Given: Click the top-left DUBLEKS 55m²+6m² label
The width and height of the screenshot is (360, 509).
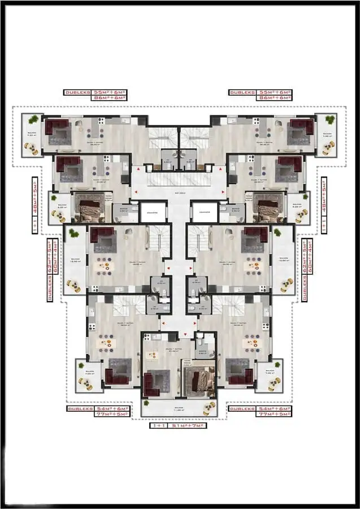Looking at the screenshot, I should (x=95, y=92).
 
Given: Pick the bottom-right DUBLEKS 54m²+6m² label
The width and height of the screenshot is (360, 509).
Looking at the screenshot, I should (x=261, y=408).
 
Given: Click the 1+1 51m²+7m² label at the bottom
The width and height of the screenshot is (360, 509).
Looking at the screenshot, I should (x=178, y=425).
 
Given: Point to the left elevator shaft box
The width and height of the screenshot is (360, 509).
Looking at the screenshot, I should (x=153, y=212).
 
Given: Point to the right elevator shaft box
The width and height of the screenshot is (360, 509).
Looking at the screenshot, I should (x=205, y=212).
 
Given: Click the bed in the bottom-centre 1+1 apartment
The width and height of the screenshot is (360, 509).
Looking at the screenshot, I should (x=199, y=381).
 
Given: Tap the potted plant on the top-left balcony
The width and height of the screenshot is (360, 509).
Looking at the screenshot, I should (x=34, y=119).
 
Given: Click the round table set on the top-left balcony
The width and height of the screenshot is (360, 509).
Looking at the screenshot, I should (x=31, y=148).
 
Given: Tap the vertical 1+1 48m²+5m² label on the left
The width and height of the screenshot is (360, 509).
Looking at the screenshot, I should (x=34, y=204).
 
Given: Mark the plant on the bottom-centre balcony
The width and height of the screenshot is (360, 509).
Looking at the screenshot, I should (x=147, y=403).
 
